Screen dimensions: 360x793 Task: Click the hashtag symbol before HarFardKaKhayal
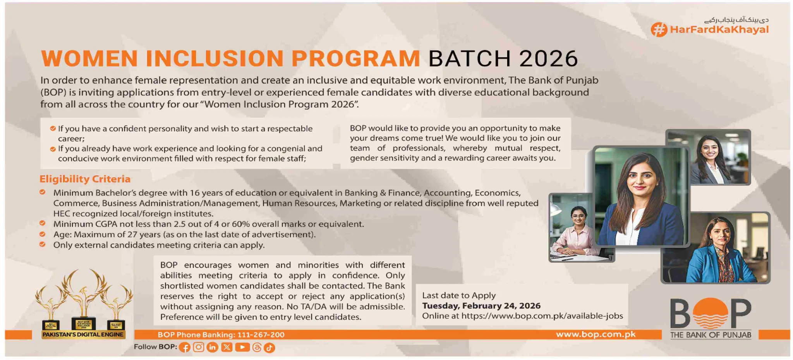point(659,29)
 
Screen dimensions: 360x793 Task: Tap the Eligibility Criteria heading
point(85,179)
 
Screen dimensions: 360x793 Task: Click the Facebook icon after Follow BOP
point(185,348)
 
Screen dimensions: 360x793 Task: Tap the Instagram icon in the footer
point(199,347)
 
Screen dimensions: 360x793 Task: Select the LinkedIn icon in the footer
point(213,347)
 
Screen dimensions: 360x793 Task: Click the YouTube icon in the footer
point(242,347)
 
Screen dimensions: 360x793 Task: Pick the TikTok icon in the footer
point(269,348)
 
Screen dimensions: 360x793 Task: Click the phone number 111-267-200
point(261,334)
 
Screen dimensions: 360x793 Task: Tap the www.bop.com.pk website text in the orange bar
point(596,334)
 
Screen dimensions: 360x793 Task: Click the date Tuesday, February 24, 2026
point(481,306)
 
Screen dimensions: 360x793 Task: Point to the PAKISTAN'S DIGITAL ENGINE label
point(83,334)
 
